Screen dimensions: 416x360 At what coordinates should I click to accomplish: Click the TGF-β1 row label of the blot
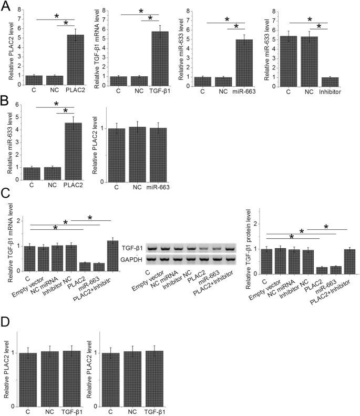(x=133, y=247)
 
